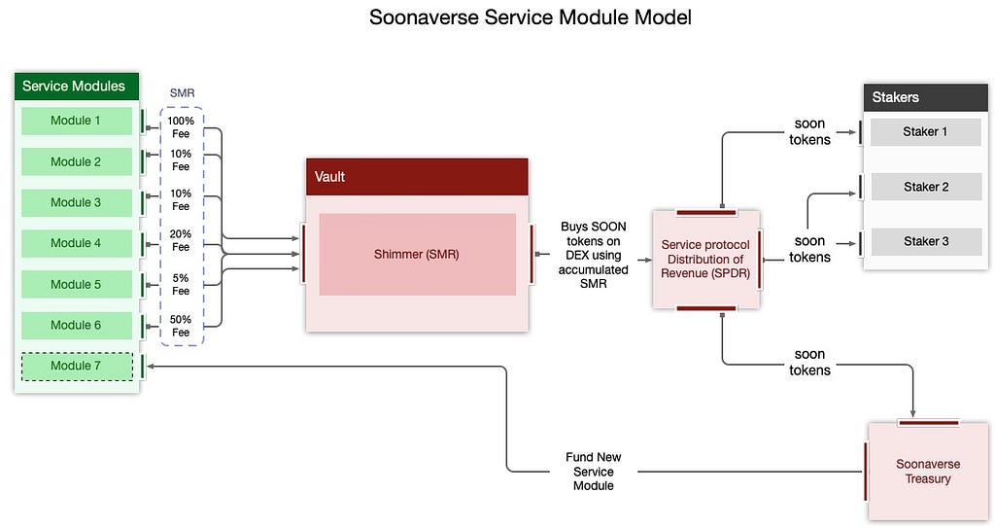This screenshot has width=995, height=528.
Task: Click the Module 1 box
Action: pyautogui.click(x=76, y=121)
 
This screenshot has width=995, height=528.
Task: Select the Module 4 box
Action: pyautogui.click(x=76, y=243)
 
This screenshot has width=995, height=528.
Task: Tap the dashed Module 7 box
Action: pyautogui.click(x=77, y=366)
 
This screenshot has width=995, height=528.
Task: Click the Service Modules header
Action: pyautogui.click(x=76, y=86)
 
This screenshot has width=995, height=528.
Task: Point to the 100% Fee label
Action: pyautogui.click(x=181, y=127)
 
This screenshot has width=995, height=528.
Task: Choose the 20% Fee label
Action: pyautogui.click(x=181, y=240)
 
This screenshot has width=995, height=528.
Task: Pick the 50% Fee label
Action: pyautogui.click(x=181, y=326)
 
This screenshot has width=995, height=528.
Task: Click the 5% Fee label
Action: pyautogui.click(x=181, y=284)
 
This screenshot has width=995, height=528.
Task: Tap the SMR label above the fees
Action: pyautogui.click(x=182, y=93)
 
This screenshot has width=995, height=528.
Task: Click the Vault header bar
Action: pyautogui.click(x=417, y=177)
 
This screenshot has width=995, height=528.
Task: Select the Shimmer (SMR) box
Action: pyautogui.click(x=417, y=254)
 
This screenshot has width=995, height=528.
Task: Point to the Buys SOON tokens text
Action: pyautogui.click(x=594, y=255)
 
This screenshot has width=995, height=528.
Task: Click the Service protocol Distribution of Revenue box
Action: pyautogui.click(x=706, y=260)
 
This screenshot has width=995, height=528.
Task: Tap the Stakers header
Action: pyautogui.click(x=926, y=97)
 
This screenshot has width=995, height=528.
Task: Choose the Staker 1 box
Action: pyautogui.click(x=926, y=132)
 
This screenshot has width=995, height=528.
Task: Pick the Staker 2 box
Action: pyautogui.click(x=926, y=187)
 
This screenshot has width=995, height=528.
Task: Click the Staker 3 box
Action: pyautogui.click(x=926, y=241)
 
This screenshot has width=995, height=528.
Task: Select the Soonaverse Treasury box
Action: pyautogui.click(x=928, y=472)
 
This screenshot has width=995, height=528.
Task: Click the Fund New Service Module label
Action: pyautogui.click(x=594, y=472)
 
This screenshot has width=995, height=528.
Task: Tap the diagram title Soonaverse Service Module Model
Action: pyautogui.click(x=531, y=18)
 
